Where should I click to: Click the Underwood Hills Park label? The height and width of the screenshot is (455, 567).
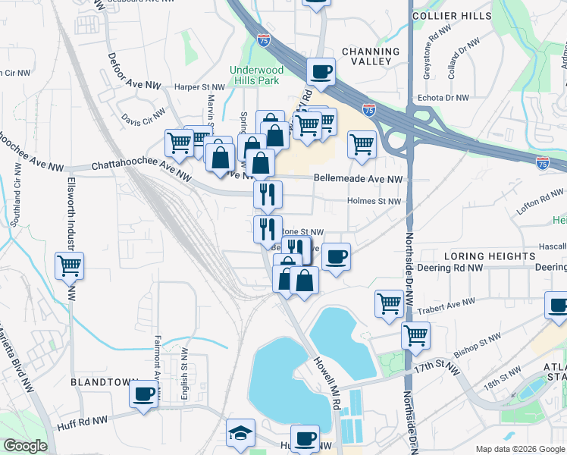click(256, 76)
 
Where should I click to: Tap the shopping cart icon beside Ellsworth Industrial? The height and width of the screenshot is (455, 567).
click(70, 266)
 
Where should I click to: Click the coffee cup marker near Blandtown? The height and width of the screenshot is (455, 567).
click(143, 394)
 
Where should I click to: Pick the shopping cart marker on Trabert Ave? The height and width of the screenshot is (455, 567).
click(389, 303)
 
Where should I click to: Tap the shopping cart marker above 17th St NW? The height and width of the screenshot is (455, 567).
click(415, 334)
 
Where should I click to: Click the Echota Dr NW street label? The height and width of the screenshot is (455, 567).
click(444, 98)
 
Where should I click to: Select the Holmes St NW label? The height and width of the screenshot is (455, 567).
click(373, 201)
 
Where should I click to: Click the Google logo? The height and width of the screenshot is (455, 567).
click(25, 446)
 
